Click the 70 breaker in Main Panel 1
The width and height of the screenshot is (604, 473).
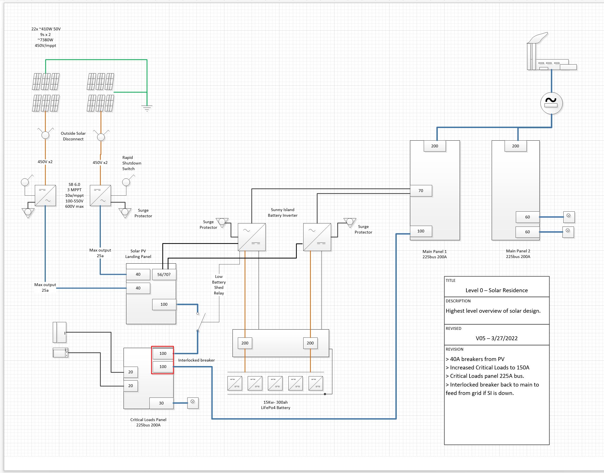pos(421,191)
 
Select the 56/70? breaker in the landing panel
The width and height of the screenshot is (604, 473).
pos(164,274)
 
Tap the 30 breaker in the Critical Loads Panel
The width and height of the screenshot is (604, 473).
pos(161,403)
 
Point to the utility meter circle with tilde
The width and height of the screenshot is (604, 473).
pos(551,103)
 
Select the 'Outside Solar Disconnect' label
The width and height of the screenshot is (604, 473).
pos(73,136)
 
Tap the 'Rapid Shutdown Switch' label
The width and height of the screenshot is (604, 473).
pos(131,163)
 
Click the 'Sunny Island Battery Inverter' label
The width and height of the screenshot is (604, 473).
pos(282,212)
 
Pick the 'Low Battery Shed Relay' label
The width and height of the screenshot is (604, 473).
pos(219,285)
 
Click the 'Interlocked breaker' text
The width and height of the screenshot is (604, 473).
pos(196,360)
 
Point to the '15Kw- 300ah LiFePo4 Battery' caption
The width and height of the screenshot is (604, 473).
pos(275,405)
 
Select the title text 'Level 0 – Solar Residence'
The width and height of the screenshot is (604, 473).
pos(496,290)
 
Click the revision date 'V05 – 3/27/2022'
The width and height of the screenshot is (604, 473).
pos(496,338)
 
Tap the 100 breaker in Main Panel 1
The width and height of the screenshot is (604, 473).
pos(421,231)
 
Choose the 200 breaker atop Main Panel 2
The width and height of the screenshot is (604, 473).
pos(515,146)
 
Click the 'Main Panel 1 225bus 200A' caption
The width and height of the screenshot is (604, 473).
pos(434,254)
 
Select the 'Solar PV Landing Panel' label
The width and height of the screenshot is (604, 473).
pos(138,254)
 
